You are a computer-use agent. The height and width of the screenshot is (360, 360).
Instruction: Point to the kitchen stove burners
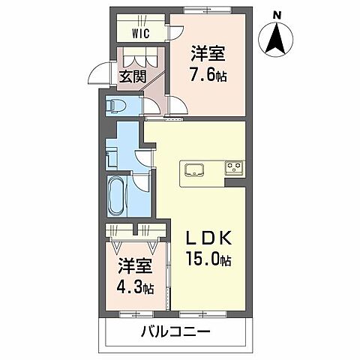[232, 166]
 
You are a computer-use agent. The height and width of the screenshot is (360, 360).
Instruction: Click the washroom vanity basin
[112, 158]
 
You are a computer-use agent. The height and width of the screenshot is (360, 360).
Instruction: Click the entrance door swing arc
[98, 71]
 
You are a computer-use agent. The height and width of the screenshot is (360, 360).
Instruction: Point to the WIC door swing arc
[174, 34]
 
